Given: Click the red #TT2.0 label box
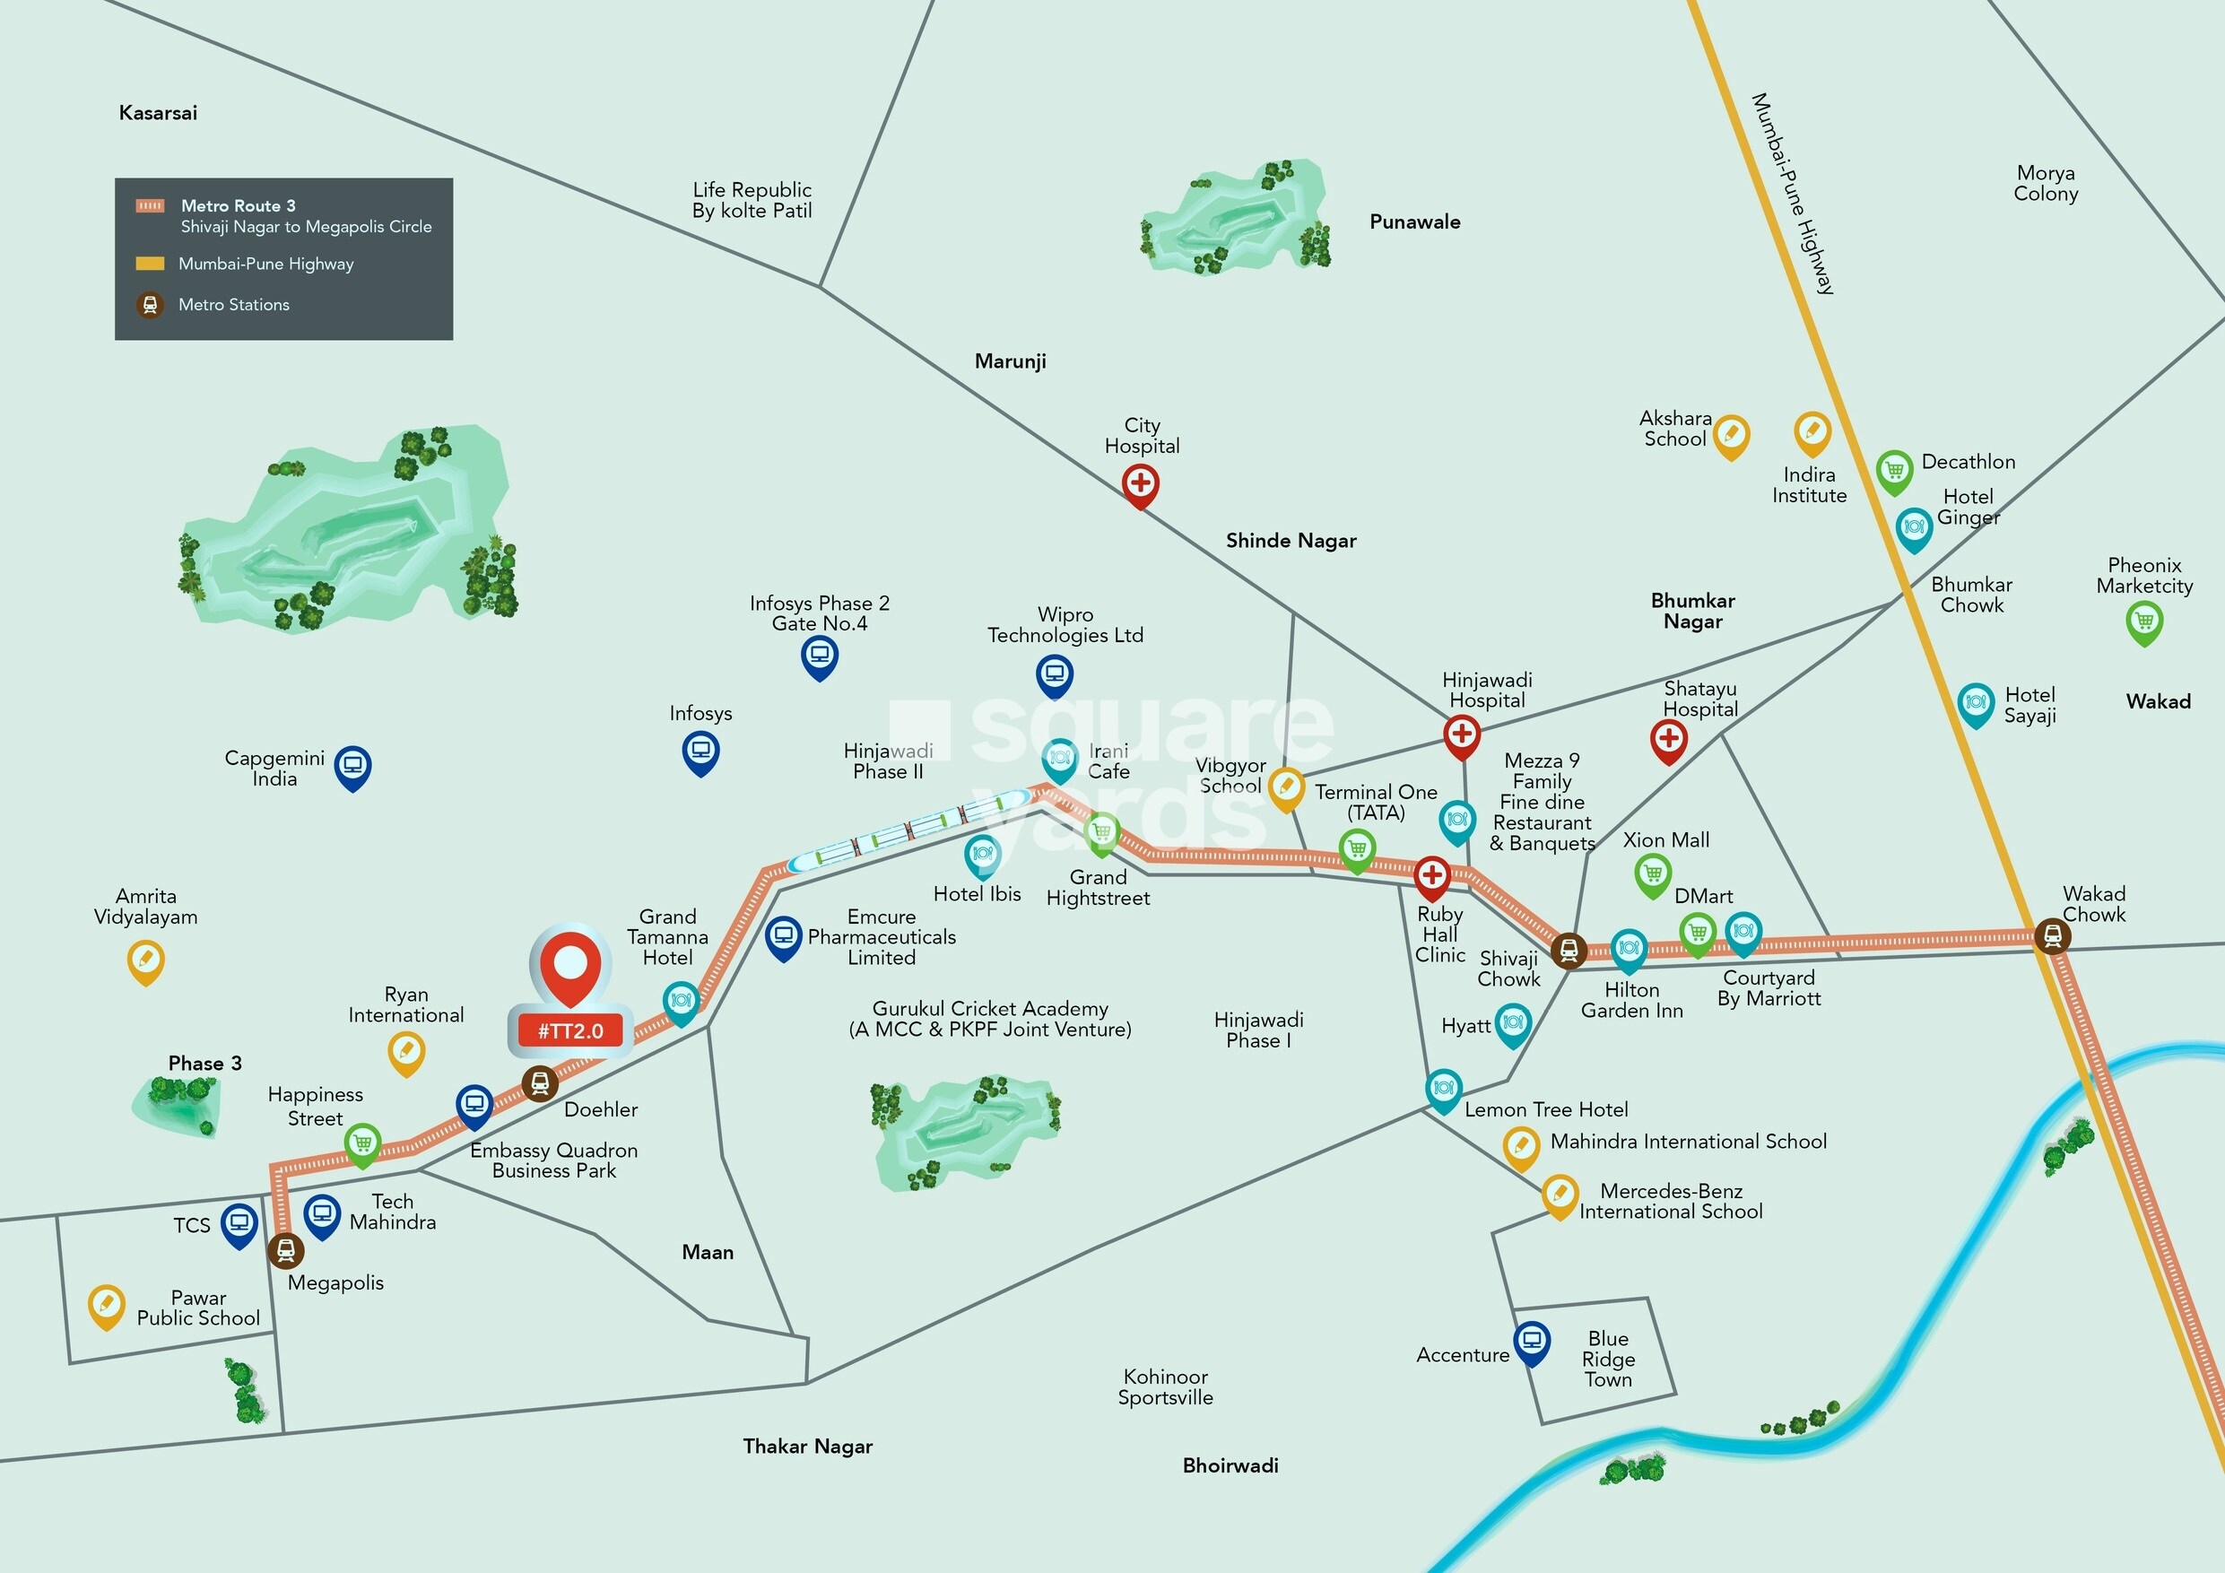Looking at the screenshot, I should (569, 1031).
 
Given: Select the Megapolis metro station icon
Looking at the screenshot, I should (285, 1249).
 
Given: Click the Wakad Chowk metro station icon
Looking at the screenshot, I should (2052, 935).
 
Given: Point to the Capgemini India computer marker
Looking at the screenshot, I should (352, 766).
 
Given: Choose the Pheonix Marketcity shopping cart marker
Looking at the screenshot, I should (2143, 621).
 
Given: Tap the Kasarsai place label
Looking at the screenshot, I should (158, 113).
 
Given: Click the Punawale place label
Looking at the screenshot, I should (1414, 222).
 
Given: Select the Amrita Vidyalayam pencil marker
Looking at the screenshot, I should (145, 960).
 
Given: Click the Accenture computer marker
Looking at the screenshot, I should (1531, 1341).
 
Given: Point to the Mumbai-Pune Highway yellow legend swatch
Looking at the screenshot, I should (149, 264).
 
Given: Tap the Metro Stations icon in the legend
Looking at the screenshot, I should (149, 305).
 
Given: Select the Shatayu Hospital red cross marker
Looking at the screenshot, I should (1668, 739).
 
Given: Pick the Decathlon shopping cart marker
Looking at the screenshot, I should (1893, 470).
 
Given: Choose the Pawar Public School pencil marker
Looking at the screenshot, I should (106, 1304).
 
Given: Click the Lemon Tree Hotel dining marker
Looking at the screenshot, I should (1443, 1088).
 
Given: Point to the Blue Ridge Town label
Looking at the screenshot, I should (1608, 1359).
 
